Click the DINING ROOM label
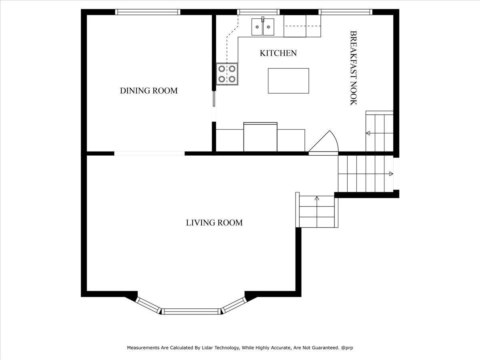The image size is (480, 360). (149, 91)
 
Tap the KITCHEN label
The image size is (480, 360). (278, 53)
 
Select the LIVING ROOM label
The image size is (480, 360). (214, 223)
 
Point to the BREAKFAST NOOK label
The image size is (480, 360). (353, 68)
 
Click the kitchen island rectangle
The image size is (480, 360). (288, 81)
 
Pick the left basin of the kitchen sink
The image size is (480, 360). (257, 27)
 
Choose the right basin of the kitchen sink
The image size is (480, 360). (268, 27)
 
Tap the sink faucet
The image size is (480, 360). (263, 19)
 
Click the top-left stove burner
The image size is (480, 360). (222, 69)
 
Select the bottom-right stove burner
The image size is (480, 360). (232, 79)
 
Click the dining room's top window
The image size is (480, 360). (148, 12)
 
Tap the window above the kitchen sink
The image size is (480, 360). (258, 12)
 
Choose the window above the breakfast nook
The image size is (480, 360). (345, 12)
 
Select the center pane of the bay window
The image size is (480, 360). (191, 311)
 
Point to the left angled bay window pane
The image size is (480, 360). (148, 306)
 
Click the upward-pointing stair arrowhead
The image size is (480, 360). (317, 198)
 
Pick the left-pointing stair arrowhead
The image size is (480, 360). (368, 133)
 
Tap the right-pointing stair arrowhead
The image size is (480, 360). (391, 174)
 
